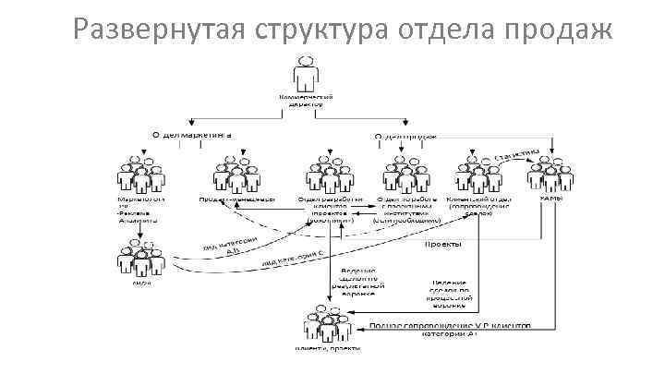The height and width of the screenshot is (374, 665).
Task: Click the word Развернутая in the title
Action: [156, 31]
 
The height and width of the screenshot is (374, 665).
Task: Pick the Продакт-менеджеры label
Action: [236, 199]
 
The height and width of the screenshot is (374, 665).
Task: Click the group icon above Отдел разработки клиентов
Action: [324, 173]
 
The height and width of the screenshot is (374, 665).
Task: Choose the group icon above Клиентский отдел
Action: [477, 173]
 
